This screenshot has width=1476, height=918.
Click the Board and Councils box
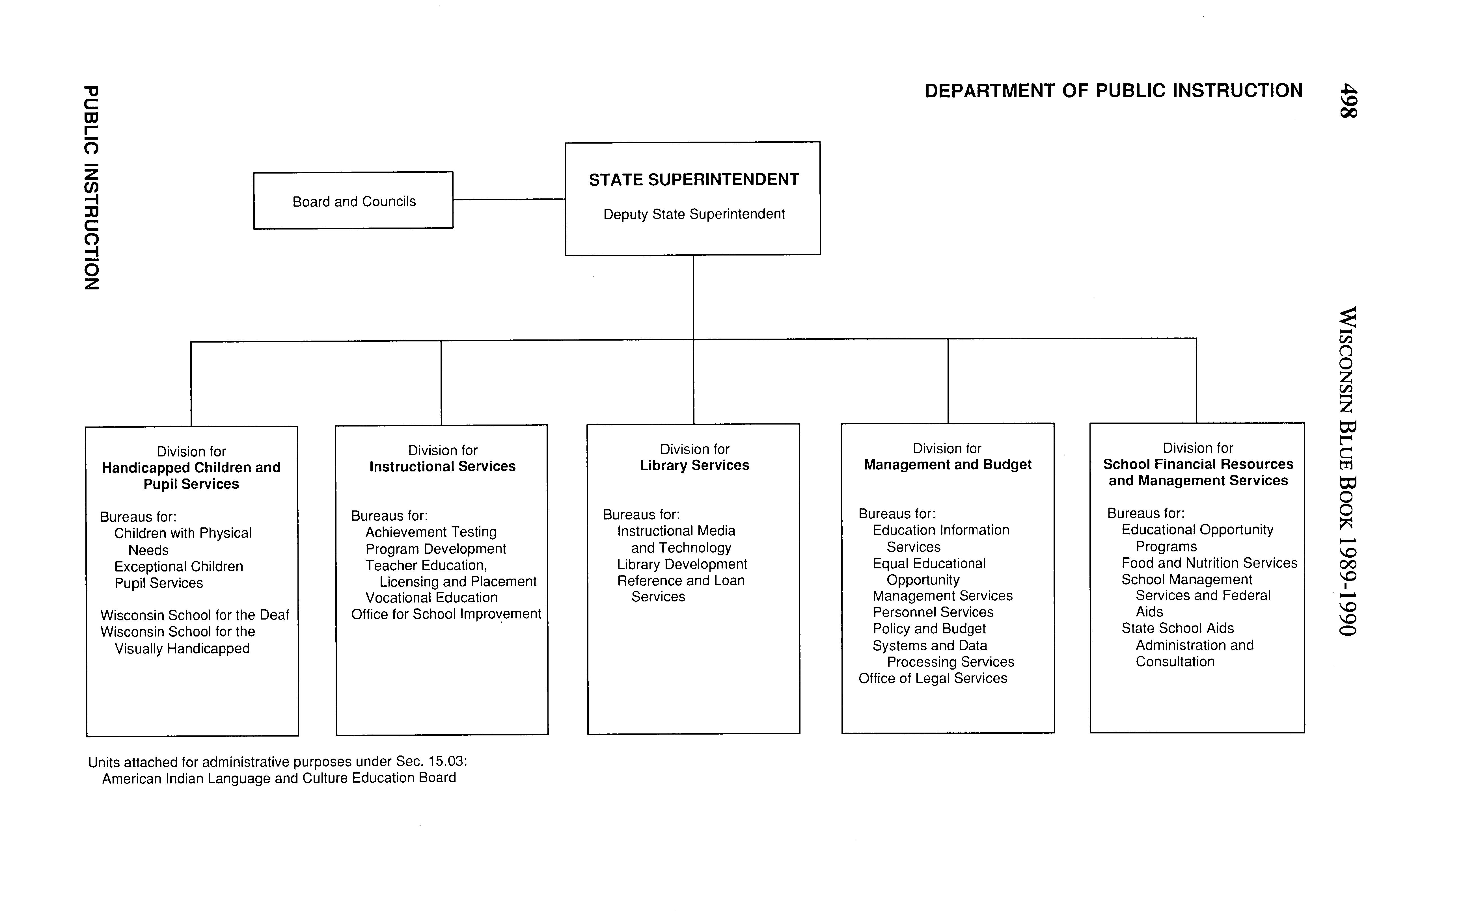pyautogui.click(x=353, y=201)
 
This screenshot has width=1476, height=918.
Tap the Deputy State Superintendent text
pyautogui.click(x=694, y=214)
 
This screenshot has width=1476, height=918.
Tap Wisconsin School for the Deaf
pyautogui.click(x=194, y=615)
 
